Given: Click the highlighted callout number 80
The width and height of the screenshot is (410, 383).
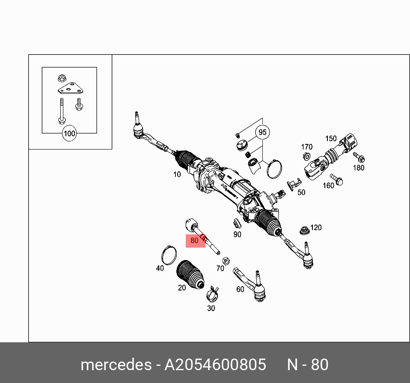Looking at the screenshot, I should pyautogui.click(x=195, y=241).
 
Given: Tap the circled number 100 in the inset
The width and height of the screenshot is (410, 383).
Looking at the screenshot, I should pyautogui.click(x=69, y=133).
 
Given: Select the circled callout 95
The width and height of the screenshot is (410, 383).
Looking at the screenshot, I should pyautogui.click(x=262, y=132).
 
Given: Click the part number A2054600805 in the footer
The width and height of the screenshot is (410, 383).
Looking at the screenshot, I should pyautogui.click(x=216, y=365).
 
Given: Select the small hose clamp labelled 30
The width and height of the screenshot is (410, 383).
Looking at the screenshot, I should pyautogui.click(x=212, y=294).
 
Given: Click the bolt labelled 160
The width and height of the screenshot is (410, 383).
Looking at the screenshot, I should pyautogui.click(x=337, y=180).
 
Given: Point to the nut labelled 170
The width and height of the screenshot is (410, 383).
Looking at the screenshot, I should pyautogui.click(x=306, y=156).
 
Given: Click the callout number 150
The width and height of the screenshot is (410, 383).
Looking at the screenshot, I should pyautogui.click(x=331, y=138).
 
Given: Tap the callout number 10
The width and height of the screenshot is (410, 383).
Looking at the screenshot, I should pyautogui.click(x=177, y=174).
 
